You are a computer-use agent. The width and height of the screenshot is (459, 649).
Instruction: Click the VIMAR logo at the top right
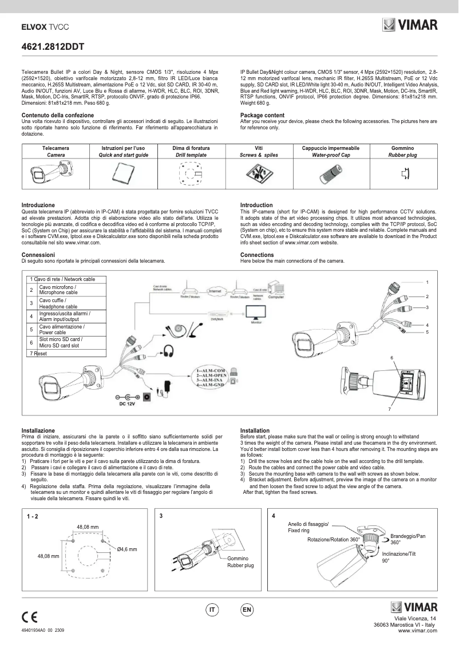point(410,25)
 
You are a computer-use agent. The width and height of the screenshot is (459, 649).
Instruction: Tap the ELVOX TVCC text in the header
point(45,26)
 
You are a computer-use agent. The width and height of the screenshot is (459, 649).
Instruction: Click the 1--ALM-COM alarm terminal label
point(212,371)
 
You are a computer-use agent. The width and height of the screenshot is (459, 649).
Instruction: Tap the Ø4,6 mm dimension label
point(126,549)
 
